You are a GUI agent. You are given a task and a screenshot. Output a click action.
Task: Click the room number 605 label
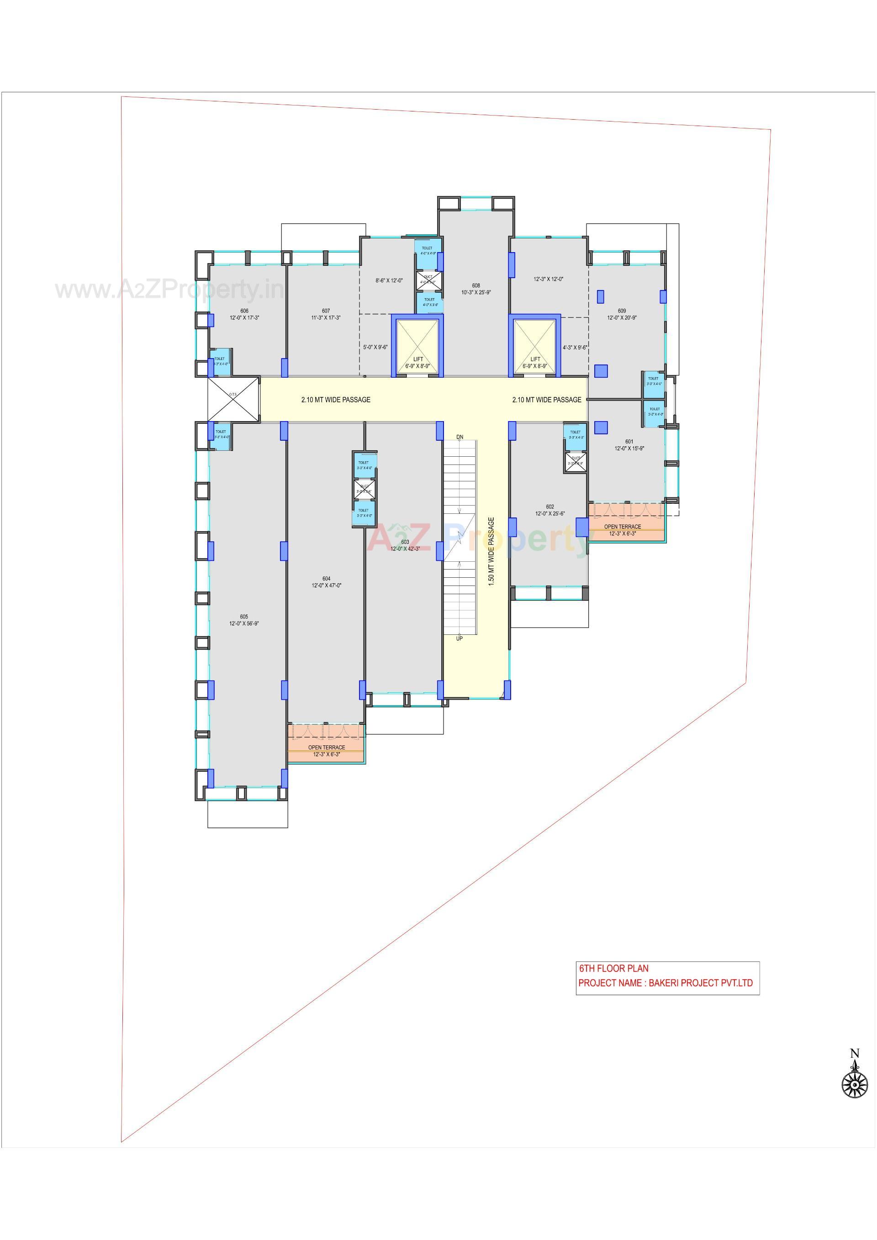tap(244, 616)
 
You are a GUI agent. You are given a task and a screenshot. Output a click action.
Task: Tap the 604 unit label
tap(326, 578)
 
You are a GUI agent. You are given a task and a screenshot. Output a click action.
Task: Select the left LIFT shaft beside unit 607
tap(417, 347)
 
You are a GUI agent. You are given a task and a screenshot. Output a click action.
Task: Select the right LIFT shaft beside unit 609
tap(534, 347)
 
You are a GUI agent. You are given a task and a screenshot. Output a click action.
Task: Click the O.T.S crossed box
tap(233, 399)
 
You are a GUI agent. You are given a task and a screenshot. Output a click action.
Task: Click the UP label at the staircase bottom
tap(459, 638)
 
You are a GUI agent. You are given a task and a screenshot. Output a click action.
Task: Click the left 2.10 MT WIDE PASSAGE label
tap(336, 400)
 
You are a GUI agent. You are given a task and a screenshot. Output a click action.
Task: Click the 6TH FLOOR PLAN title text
tap(613, 968)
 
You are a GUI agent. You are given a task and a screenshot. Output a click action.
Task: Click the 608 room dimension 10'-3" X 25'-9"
tap(476, 292)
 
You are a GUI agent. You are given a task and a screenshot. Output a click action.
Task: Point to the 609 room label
tap(622, 311)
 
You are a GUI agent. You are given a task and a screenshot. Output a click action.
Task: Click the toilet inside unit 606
tap(220, 360)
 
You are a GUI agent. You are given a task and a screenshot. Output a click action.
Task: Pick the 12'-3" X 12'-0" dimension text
tap(549, 279)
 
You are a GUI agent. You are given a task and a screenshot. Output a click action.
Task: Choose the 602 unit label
tap(550, 507)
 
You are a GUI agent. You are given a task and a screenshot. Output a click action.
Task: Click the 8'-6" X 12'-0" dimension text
tap(389, 280)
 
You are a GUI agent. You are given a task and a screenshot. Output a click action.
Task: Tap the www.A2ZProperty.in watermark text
tap(169, 290)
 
